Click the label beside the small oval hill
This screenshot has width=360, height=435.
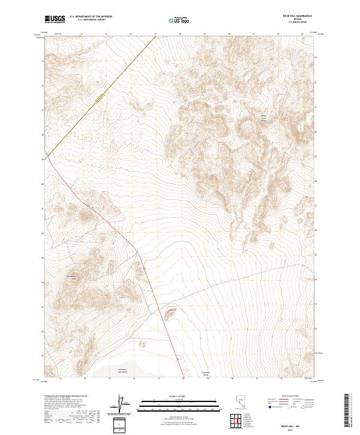[173, 309]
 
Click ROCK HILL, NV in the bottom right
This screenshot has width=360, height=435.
[299, 421]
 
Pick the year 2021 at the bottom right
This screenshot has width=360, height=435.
[299, 427]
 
